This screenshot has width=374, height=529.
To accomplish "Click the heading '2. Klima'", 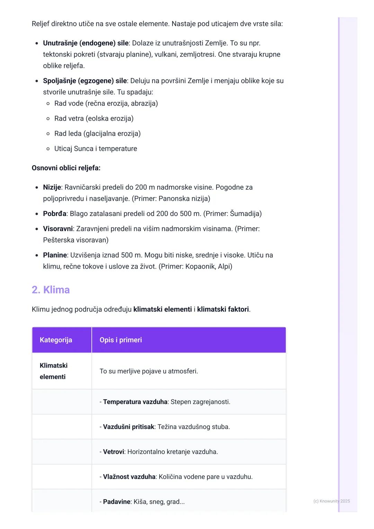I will [x=51, y=290].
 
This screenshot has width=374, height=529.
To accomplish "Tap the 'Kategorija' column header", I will [x=56, y=340].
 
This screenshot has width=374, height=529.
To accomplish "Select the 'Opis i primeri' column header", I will [x=121, y=340].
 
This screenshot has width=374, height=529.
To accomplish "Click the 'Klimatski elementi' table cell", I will [x=54, y=371].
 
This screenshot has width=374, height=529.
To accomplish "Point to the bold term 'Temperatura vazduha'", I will [x=135, y=402].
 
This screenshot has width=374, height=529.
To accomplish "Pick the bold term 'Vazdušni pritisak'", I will [x=128, y=427].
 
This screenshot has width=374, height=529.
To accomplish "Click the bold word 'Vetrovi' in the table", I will [x=114, y=452].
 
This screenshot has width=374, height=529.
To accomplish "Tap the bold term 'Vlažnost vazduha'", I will [x=129, y=477].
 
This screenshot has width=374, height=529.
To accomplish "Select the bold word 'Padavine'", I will [x=117, y=502].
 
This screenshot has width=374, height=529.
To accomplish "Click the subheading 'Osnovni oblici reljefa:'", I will [x=66, y=168].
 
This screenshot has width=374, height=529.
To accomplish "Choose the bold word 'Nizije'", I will [x=52, y=187].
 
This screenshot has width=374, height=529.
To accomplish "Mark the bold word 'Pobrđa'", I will [x=55, y=214].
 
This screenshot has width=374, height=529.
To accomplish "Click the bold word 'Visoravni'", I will [x=58, y=229].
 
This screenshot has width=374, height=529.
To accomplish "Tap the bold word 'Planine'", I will [x=55, y=255].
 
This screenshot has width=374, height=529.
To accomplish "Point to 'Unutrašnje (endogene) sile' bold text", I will [x=86, y=43].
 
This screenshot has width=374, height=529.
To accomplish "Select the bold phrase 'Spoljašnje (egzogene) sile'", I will [x=85, y=81].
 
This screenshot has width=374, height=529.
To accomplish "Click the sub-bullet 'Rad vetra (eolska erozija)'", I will [x=94, y=119].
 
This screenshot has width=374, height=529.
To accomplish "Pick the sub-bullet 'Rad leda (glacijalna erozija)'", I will [x=97, y=134].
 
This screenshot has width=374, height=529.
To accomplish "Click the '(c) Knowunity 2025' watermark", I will [x=331, y=501].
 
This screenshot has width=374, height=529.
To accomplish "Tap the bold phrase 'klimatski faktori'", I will [x=223, y=309].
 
